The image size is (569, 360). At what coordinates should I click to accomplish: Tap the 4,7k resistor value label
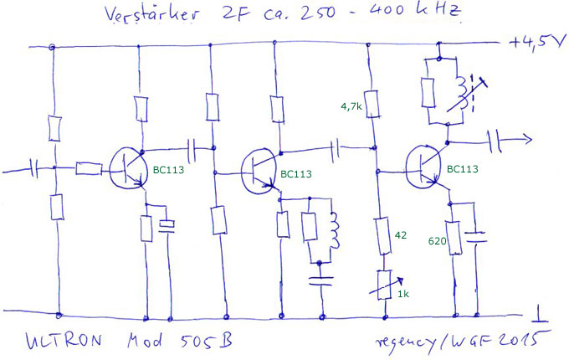pos(351,106)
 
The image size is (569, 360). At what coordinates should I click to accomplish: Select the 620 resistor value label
pos(437,241)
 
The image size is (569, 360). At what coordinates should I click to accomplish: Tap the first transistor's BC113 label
pos(170,170)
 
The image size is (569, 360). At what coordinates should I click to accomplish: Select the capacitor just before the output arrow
pos(495,141)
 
